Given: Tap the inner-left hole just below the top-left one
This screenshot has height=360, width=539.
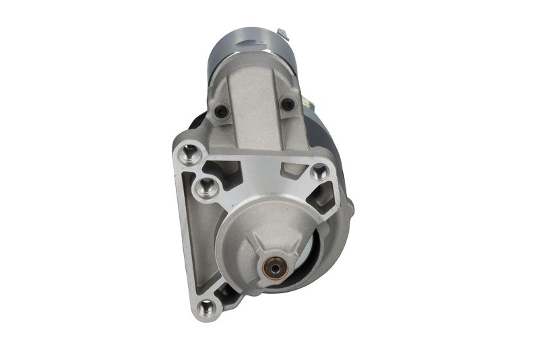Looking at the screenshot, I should [x=207, y=187].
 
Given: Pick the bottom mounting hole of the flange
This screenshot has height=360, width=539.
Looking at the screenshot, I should [x=207, y=308].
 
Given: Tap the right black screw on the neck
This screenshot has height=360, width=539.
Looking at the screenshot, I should [x=288, y=104].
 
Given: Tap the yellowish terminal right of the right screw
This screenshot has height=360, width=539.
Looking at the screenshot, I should [x=307, y=104].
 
